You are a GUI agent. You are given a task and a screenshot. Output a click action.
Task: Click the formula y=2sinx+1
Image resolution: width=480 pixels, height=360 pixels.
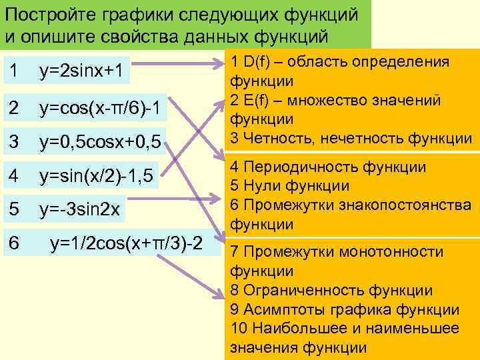[81, 70]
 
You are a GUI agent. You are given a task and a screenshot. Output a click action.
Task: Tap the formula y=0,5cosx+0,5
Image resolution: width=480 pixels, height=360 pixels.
[100, 141]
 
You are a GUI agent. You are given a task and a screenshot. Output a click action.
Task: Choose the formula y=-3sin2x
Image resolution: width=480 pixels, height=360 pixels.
[79, 210]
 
